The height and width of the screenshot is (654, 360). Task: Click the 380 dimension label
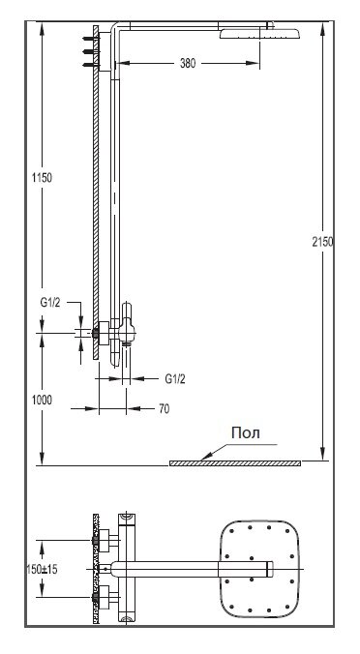188,64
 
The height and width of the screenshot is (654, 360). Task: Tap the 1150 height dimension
43,178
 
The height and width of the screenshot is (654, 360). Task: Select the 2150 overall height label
322,242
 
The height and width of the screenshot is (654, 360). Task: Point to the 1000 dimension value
43,400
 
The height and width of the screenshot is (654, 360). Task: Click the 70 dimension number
165,408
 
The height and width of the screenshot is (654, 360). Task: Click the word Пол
246,433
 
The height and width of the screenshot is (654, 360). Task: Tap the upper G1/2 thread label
50,303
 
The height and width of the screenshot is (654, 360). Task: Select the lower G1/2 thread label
175,378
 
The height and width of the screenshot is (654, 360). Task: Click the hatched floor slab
235,463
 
